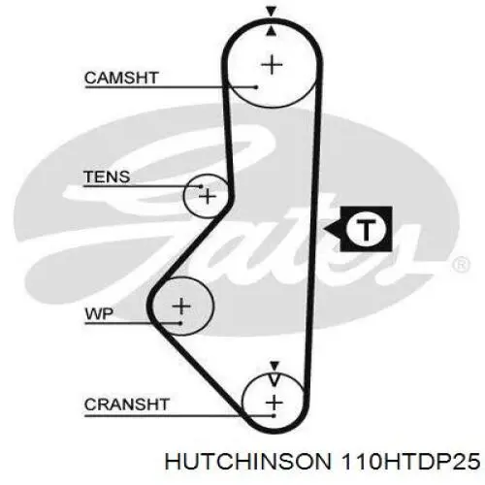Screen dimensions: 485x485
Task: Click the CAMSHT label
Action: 121,78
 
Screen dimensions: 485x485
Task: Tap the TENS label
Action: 107,177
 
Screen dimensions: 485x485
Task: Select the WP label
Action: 99,313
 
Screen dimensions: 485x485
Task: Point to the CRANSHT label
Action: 127,404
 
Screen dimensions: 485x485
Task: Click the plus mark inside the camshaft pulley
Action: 272,65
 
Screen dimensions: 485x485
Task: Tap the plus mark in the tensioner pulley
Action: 208,196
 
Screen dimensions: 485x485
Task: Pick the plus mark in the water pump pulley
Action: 181,306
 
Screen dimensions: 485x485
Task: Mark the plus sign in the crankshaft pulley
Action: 275,403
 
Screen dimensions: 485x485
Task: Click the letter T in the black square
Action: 366,230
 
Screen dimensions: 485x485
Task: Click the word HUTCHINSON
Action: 248,462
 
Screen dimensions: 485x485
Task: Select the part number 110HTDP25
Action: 410,462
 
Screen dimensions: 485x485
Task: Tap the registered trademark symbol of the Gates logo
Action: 461,265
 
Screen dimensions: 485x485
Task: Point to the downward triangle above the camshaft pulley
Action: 272,12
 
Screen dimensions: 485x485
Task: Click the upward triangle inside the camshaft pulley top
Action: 272,31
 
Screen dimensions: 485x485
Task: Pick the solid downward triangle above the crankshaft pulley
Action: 275,366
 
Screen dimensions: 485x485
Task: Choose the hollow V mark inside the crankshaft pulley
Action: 275,379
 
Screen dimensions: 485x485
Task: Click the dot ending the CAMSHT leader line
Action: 256,87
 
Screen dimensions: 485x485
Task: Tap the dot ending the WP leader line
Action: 180,323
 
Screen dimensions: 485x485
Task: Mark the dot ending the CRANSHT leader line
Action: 274,416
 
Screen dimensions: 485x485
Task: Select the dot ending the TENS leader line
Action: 201,186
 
